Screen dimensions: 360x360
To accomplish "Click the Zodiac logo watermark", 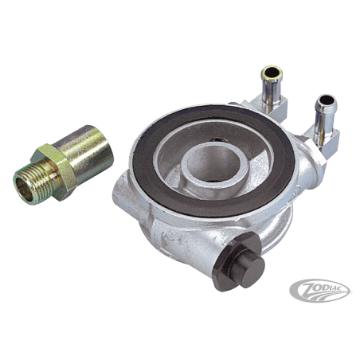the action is (319, 291).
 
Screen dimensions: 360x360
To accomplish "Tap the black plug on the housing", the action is (238, 261).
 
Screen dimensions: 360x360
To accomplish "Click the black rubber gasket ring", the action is (213, 159).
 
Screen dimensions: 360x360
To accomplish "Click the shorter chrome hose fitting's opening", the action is (326, 100).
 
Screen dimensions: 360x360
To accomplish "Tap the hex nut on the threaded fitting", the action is (54, 171).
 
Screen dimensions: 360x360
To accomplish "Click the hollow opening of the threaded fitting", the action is (23, 190).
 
